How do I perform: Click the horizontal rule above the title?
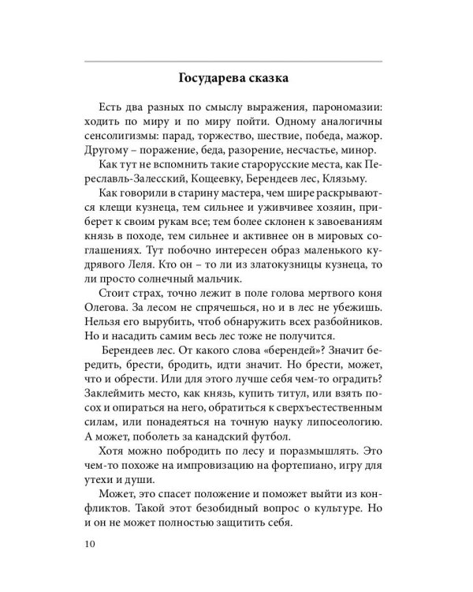click(236, 60)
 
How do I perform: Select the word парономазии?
click(345, 107)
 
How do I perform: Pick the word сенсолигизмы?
click(121, 137)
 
